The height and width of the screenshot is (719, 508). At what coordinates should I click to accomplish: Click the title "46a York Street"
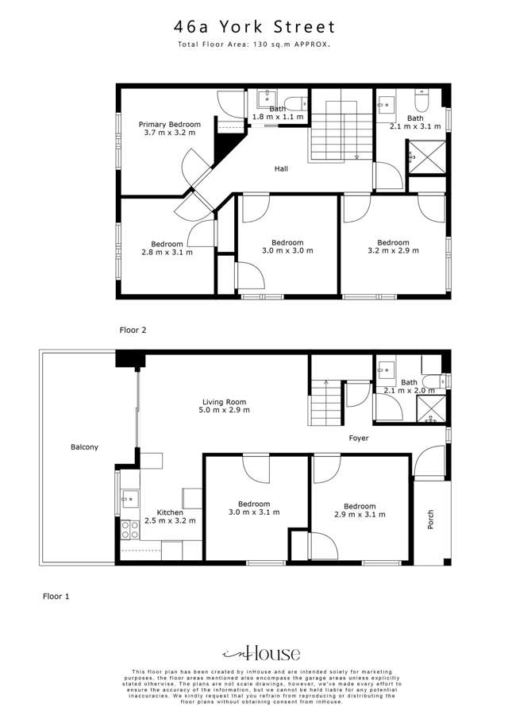coord(254,28)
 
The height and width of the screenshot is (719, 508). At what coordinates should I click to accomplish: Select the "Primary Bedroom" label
coord(169,125)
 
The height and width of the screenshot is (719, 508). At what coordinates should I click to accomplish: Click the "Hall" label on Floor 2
coord(281,168)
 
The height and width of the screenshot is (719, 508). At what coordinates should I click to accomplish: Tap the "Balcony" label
coord(84,447)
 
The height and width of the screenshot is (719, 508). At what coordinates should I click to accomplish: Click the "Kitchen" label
coord(170,512)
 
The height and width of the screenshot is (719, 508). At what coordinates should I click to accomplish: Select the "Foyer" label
coord(359,438)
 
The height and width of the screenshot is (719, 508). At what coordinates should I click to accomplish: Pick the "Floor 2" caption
coord(133,329)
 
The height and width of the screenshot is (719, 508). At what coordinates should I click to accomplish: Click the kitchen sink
coord(129,501)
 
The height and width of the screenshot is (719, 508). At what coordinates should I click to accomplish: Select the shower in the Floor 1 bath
coord(431,408)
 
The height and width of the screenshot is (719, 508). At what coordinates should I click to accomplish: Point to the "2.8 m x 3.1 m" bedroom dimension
coord(167,253)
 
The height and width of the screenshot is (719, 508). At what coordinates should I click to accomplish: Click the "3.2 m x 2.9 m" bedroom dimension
coord(393,251)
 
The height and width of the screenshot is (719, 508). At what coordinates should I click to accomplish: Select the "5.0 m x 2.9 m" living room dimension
coord(224,411)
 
